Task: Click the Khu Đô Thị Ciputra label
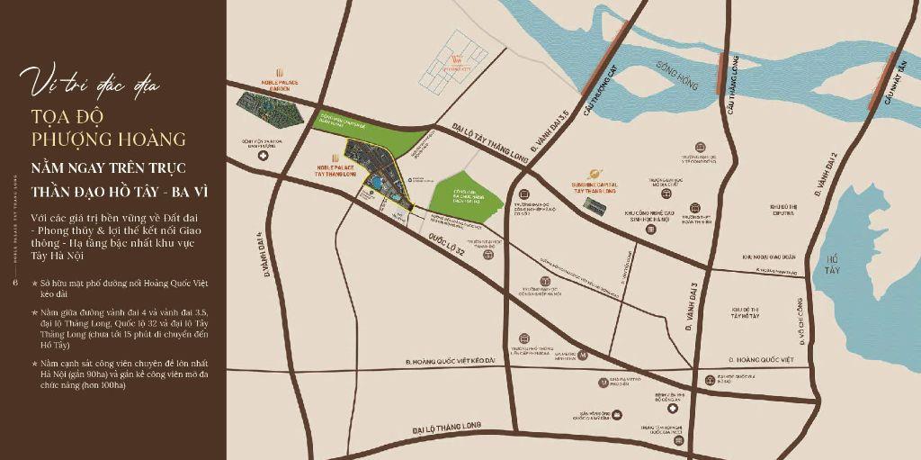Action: coord(784,211)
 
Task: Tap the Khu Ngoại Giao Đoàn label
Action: coord(769,257)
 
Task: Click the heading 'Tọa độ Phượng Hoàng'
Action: coord(108,127)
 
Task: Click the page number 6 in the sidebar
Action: coord(15,283)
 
